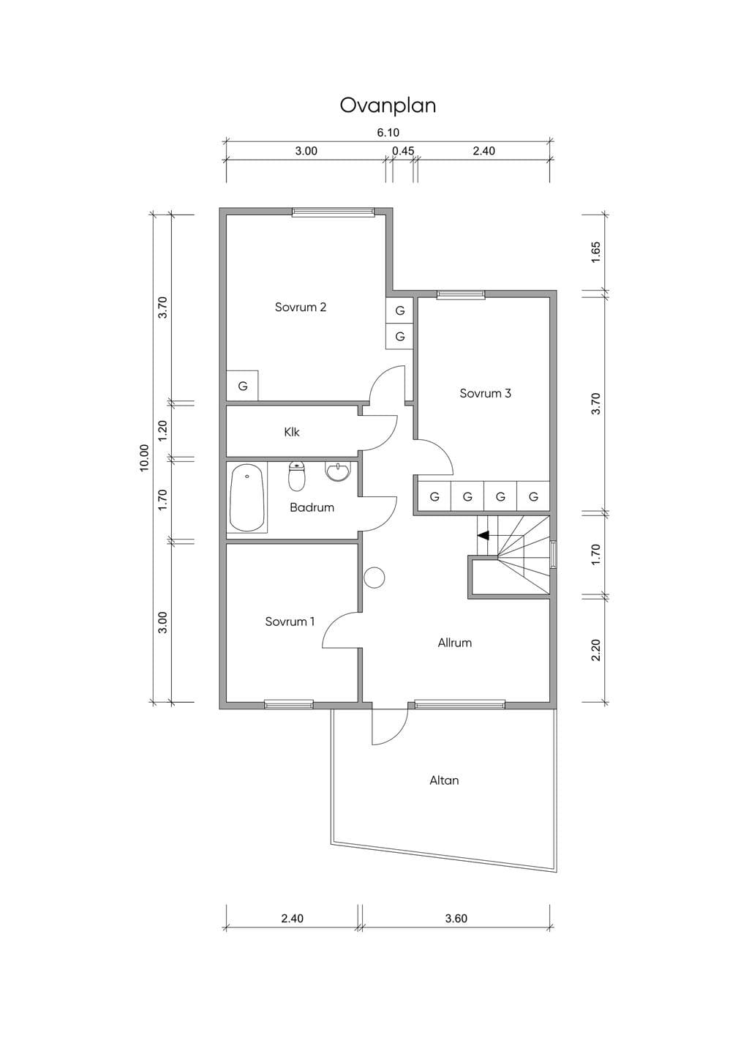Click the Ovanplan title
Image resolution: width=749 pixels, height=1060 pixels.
click(388, 105)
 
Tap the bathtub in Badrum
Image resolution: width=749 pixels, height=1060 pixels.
click(246, 497)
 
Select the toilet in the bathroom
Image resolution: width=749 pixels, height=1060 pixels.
click(297, 476)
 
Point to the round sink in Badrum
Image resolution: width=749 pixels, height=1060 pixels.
click(338, 471)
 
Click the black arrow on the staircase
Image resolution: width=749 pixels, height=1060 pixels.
click(483, 536)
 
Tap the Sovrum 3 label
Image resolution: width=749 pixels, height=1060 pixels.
click(485, 393)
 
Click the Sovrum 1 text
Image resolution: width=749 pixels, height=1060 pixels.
click(290, 622)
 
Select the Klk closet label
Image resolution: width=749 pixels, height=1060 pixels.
click(292, 432)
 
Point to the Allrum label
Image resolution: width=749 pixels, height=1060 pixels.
click(454, 643)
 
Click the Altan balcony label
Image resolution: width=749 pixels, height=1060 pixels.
click(444, 780)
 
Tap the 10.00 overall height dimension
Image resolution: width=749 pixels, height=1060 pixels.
click(144, 458)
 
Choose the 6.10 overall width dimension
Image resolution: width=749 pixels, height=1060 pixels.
click(388, 133)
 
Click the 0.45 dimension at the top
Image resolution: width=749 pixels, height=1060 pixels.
click(403, 151)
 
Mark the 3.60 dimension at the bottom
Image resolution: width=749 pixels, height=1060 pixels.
click(456, 919)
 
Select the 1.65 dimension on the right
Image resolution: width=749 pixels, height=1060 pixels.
click(596, 253)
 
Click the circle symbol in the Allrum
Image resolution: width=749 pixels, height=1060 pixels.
click(374, 578)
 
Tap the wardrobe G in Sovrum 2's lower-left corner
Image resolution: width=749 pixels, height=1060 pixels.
click(242, 386)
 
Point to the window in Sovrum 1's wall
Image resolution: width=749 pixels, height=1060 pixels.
click(288, 705)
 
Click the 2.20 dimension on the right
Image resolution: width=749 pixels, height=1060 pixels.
click(596, 650)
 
